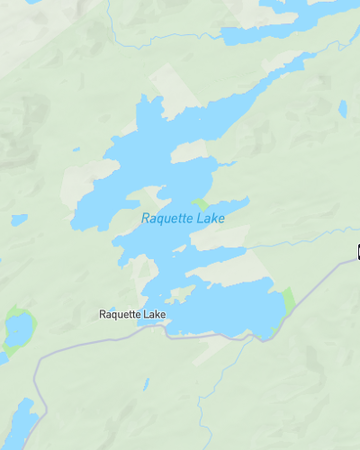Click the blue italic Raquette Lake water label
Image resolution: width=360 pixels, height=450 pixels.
(x=183, y=218)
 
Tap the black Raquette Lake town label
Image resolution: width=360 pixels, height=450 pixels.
(x=132, y=315)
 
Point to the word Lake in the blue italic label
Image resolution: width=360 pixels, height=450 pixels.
(x=211, y=218)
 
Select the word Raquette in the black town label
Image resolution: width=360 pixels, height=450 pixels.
(x=120, y=315)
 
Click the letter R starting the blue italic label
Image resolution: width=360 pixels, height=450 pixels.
(x=145, y=218)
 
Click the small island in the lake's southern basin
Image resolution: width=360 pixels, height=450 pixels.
(x=181, y=294)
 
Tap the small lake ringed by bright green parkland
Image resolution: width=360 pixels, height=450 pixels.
(x=17, y=329)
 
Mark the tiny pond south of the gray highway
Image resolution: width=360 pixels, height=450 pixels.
(x=146, y=383)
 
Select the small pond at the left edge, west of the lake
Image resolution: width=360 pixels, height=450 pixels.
(x=18, y=219)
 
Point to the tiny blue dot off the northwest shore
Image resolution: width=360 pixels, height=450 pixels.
(x=76, y=150)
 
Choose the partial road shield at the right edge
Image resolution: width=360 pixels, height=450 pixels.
(x=357, y=251)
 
